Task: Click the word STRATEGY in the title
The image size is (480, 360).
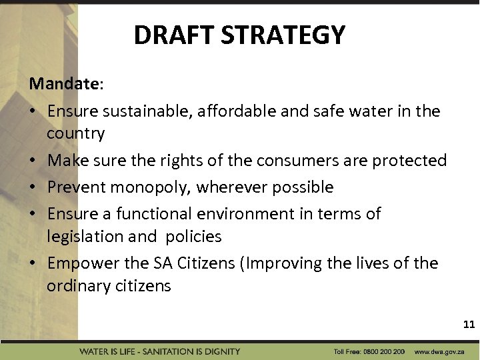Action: [x=288, y=35]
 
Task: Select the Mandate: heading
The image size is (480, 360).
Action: [x=66, y=84]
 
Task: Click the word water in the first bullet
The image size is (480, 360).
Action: [x=373, y=111]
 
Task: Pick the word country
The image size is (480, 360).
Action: [x=75, y=133]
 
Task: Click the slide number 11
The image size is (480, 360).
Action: [x=469, y=325]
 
